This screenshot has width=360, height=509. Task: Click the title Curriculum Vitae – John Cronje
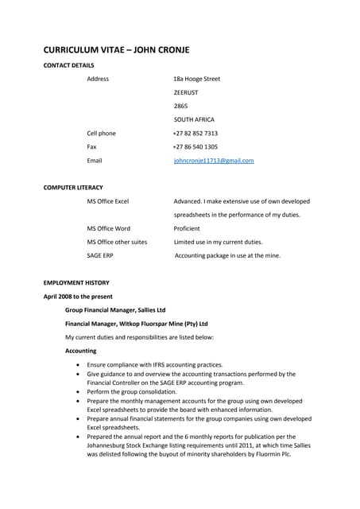point(116,49)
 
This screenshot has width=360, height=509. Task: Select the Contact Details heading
point(68,64)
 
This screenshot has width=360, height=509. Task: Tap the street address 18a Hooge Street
point(196,79)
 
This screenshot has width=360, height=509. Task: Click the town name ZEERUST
point(187,92)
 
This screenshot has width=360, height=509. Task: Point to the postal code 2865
point(180,106)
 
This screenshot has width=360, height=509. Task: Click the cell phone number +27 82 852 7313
point(195,133)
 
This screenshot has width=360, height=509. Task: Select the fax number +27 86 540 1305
point(195,146)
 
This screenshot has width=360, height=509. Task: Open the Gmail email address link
point(213,161)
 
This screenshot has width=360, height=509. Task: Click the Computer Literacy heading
point(74,188)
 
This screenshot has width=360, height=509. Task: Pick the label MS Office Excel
point(107,201)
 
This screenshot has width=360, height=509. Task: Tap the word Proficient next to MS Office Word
point(188,228)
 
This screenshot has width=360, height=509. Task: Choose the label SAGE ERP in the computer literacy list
point(101,255)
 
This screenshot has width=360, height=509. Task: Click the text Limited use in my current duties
point(218,242)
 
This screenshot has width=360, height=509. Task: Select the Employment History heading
point(76,282)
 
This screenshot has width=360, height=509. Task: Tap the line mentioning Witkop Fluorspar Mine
point(136,324)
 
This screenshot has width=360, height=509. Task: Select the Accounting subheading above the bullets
point(80,351)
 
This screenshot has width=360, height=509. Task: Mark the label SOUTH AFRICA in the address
point(194,119)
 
